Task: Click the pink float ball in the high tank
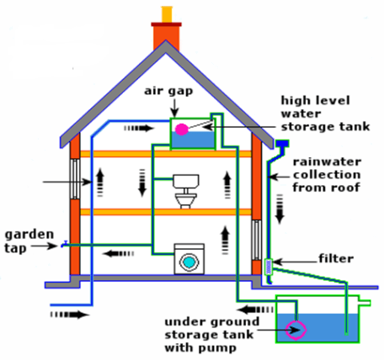click(x=182, y=130)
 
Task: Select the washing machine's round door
click(x=189, y=262)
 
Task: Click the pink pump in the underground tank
click(x=296, y=330)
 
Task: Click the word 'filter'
click(x=336, y=258)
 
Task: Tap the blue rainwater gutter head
click(x=282, y=144)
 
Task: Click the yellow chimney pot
click(x=167, y=14)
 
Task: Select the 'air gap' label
click(x=168, y=92)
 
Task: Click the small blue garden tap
click(x=64, y=245)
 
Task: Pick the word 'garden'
click(x=29, y=235)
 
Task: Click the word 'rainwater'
click(x=327, y=161)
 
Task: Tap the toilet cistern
click(x=186, y=182)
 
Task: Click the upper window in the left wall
click(x=75, y=179)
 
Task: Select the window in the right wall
click(x=256, y=240)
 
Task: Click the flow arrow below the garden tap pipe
click(x=118, y=254)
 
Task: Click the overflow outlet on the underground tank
click(x=365, y=303)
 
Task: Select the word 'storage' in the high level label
click(x=308, y=127)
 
